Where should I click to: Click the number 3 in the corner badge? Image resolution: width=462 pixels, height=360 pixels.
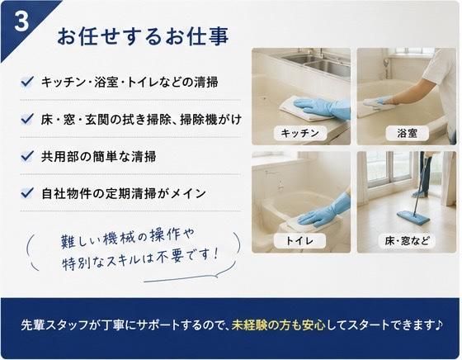click(x=21, y=21)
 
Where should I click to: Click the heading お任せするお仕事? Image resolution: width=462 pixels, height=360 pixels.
click(x=143, y=36)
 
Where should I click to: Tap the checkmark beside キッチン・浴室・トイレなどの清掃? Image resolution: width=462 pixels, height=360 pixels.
click(x=27, y=82)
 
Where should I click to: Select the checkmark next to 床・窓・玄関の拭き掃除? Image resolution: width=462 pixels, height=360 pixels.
click(x=27, y=119)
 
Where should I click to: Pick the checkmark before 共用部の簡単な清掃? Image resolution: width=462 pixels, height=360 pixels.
click(x=27, y=156)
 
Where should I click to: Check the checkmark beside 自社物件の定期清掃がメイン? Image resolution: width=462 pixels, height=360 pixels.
click(x=27, y=193)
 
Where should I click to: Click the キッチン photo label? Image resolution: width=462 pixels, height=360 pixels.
click(x=300, y=133)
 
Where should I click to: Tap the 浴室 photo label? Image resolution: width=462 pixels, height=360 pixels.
click(x=408, y=133)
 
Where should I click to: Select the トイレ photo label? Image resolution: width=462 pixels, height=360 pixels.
click(x=299, y=241)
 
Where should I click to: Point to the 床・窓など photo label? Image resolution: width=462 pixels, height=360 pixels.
click(x=407, y=241)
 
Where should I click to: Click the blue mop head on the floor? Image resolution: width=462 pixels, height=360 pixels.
click(x=413, y=217)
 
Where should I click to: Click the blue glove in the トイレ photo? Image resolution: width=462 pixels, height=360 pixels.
click(x=324, y=211)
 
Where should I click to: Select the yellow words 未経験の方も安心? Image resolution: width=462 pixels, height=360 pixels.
click(x=279, y=325)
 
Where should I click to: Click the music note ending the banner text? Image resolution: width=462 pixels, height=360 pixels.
click(x=438, y=324)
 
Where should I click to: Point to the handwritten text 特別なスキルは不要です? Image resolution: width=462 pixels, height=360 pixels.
click(x=140, y=260)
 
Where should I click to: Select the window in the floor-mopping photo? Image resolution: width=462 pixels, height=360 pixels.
click(x=389, y=168)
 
